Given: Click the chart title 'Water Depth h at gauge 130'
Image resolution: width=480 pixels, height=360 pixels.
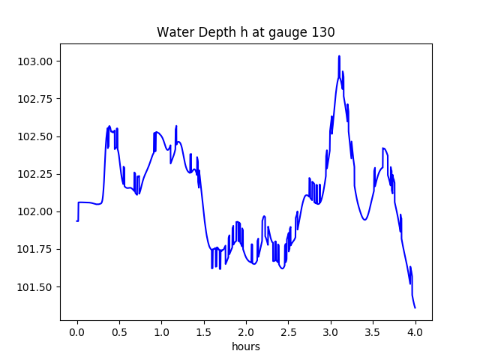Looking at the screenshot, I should tap(245, 32).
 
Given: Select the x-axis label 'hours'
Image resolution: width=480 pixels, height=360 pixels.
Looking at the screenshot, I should tap(245, 347).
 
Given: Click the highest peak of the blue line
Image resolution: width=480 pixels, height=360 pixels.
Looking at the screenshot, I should tap(339, 56).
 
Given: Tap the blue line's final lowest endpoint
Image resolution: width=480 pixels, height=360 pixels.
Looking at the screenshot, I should tap(415, 307).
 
